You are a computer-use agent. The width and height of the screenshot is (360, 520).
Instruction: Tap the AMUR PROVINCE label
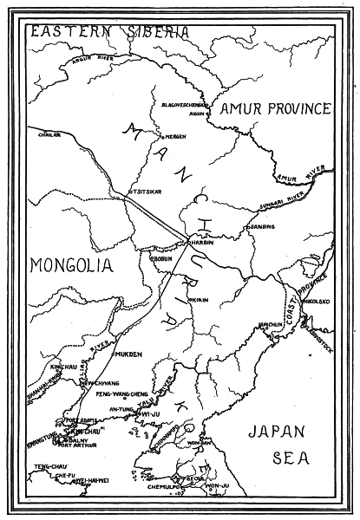click(x=275, y=108)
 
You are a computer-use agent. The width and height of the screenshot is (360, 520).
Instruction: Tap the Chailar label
click(x=49, y=134)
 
